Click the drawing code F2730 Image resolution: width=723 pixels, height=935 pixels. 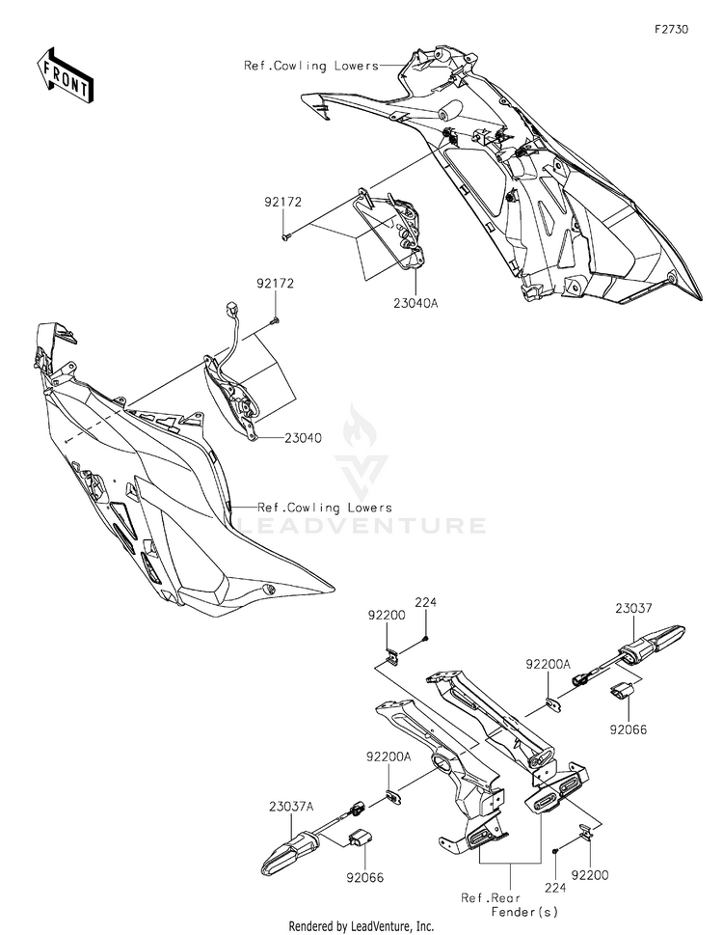671,29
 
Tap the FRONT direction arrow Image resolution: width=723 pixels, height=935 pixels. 65,75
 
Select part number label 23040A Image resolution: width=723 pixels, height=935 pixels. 415,303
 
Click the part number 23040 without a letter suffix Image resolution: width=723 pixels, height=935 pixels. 303,438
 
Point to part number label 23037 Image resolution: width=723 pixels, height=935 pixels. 633,608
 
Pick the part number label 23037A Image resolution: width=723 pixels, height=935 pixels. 291,807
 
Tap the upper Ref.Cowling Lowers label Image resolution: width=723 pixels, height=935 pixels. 310,66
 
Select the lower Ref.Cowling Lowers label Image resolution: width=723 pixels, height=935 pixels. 325,508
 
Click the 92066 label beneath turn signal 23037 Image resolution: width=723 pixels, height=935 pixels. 628,729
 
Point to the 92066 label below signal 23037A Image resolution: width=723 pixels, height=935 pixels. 365,877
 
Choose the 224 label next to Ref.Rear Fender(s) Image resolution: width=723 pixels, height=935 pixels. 555,888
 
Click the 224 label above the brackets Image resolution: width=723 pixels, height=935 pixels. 426,602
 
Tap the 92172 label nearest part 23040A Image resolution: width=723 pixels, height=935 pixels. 282,202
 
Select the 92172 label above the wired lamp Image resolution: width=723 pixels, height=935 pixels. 275,284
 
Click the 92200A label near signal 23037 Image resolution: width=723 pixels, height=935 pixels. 548,664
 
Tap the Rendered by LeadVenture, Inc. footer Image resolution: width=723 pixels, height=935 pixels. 361,926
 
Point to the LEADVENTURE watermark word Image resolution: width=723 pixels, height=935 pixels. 361,525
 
